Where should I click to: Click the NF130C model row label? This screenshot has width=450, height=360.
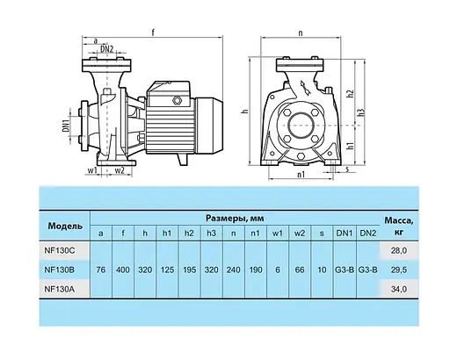[x=60, y=250]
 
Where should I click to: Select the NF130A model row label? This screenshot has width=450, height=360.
[x=60, y=289]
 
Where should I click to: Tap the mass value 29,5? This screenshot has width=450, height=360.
[x=399, y=270]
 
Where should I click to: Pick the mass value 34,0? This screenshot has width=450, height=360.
[x=399, y=290]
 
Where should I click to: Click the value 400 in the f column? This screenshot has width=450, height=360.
[x=123, y=270]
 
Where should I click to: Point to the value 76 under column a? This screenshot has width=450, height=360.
[x=101, y=270]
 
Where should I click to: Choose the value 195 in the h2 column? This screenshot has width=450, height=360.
[x=189, y=270]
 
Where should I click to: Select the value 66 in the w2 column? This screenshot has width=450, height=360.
[x=300, y=270]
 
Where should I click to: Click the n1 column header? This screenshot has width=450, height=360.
[x=256, y=234]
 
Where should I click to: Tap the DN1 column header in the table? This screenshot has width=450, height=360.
[x=345, y=234]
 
